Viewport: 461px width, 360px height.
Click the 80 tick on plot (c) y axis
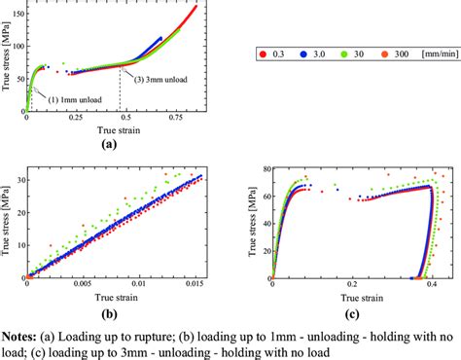tap(264, 169)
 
